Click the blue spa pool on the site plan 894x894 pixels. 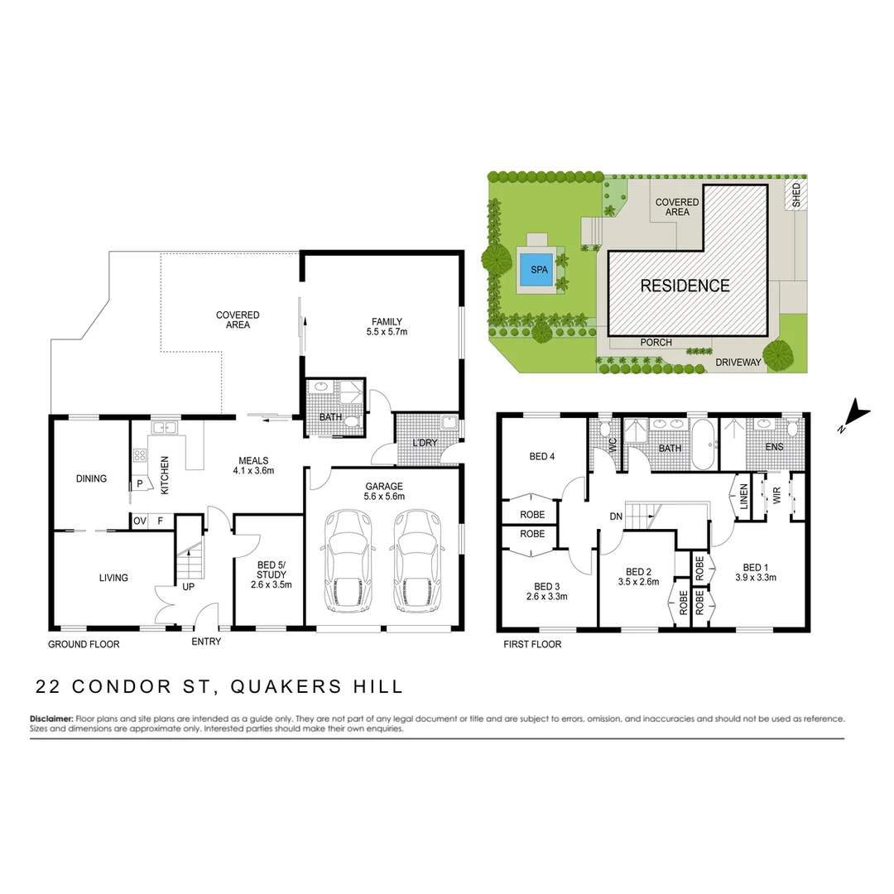pos(539,270)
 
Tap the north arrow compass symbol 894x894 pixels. pos(856,415)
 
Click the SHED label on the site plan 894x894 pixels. pos(795,195)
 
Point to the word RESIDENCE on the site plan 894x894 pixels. pos(685,286)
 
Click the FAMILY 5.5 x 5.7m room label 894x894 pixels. pos(387,327)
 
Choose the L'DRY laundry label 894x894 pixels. pos(424,444)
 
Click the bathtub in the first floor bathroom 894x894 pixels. pos(704,445)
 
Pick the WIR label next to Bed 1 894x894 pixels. pos(776,495)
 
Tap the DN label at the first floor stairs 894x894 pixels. pos(615,517)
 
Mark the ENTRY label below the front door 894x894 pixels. pos(206,642)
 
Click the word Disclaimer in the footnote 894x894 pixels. pos(51,719)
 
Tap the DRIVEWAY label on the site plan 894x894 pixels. pos(738,363)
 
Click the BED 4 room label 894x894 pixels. pos(541,456)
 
